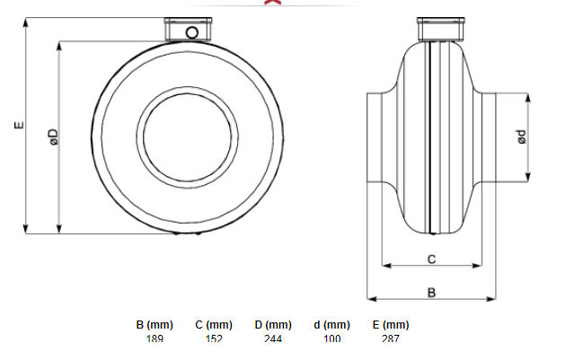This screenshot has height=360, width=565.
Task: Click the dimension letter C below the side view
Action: click(x=431, y=259)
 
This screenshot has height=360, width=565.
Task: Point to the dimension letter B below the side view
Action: click(x=431, y=292)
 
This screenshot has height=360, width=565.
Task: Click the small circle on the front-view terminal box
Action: click(x=191, y=32)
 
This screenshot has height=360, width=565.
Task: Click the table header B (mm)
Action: click(x=154, y=325)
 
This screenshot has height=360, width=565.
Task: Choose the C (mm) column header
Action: click(x=213, y=325)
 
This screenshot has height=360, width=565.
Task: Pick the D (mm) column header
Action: click(x=273, y=325)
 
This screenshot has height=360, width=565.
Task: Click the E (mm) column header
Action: click(x=390, y=325)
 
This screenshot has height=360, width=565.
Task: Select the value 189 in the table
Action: click(x=154, y=339)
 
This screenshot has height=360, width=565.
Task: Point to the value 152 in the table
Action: click(x=213, y=339)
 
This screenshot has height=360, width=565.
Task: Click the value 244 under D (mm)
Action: click(x=273, y=339)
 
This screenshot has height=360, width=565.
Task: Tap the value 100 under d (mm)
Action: click(x=331, y=339)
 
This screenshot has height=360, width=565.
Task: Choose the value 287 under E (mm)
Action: click(x=390, y=339)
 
